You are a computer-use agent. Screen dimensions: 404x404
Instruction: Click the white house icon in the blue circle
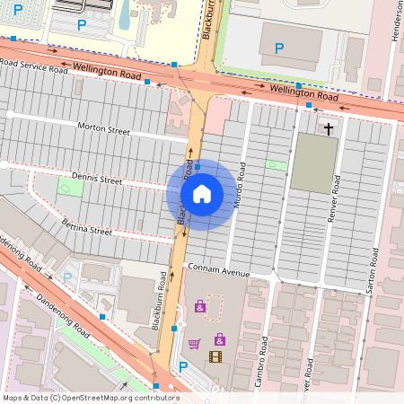pyautogui.click(x=202, y=193)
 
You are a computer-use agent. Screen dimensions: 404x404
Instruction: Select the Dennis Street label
pyautogui.click(x=96, y=180)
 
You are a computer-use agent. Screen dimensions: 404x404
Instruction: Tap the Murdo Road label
pyautogui.click(x=240, y=190)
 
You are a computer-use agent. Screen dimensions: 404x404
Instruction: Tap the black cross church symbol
pyautogui.click(x=328, y=129)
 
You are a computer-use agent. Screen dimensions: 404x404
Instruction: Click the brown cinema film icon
pyautogui.click(x=215, y=356)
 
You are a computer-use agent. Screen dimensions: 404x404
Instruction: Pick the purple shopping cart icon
pyautogui.click(x=194, y=343)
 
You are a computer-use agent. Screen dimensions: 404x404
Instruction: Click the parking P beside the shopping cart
pyautogui.click(x=184, y=365)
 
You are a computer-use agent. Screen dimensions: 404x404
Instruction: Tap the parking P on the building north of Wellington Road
pyautogui.click(x=278, y=47)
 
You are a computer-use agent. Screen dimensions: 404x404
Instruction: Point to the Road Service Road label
pyautogui.click(x=33, y=66)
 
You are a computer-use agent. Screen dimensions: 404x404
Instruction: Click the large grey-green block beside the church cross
pyautogui.click(x=313, y=163)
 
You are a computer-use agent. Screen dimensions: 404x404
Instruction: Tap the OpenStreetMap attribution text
pyautogui.click(x=90, y=397)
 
